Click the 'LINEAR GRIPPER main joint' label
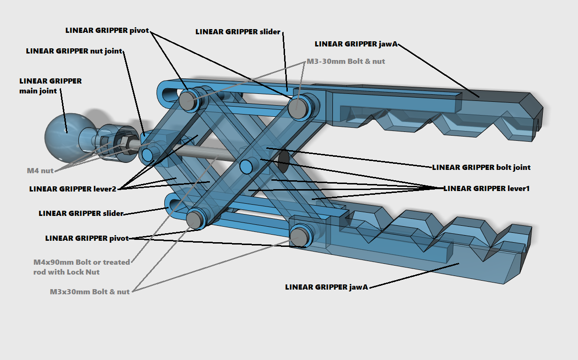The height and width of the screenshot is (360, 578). (50, 85)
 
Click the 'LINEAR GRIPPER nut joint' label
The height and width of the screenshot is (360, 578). (74, 51)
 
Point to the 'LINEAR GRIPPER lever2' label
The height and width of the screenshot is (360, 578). (73, 189)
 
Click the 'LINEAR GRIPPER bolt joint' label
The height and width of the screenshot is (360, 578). (481, 167)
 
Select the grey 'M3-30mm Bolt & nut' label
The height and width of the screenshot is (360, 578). (346, 61)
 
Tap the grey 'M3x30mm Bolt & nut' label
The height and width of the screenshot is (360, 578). (90, 291)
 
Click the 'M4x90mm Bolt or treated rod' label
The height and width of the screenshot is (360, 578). (82, 267)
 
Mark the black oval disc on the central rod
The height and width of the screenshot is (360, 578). (284, 161)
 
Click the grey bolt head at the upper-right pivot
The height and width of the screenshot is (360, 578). (297, 107)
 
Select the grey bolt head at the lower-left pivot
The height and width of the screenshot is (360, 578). (194, 219)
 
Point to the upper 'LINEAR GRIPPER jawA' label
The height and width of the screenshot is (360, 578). (356, 44)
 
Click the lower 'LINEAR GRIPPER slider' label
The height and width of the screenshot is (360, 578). (81, 213)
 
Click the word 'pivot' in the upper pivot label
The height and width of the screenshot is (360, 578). (139, 31)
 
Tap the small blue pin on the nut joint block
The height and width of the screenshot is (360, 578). (147, 154)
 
